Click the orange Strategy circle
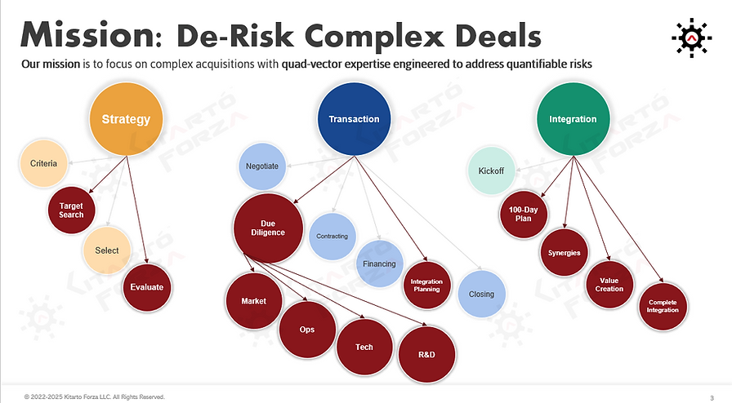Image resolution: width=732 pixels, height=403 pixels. (125, 119)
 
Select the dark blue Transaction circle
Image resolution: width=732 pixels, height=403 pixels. (354, 119)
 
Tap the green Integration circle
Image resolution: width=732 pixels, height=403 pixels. (572, 119)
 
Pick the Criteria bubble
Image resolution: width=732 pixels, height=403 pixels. (43, 164)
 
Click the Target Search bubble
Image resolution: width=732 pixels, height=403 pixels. (72, 209)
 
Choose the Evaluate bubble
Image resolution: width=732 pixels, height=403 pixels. (147, 286)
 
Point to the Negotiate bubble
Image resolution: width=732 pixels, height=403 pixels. (262, 166)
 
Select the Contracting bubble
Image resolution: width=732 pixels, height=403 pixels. (332, 237)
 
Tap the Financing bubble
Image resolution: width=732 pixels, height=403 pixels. (380, 263)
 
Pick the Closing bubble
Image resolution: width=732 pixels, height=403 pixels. (481, 294)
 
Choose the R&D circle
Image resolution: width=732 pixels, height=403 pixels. (426, 356)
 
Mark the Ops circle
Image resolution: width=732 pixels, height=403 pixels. (307, 330)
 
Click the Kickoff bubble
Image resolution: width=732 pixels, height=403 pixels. (491, 171)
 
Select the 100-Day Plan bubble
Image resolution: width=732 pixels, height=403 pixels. (523, 215)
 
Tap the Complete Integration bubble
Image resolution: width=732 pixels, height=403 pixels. (663, 307)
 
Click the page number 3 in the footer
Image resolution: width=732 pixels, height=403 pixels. (711, 396)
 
